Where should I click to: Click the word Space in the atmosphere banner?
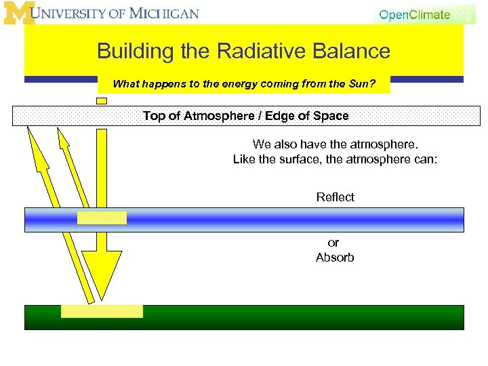click(327, 116)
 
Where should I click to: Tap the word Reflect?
click(335, 197)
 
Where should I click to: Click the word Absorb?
click(335, 258)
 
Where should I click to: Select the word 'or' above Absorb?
click(333, 243)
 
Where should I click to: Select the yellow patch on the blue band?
click(102, 218)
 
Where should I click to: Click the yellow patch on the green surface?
click(102, 311)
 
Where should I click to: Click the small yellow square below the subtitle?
click(102, 100)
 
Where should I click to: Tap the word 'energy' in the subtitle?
click(217, 85)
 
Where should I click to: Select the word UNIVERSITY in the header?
click(75, 14)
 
